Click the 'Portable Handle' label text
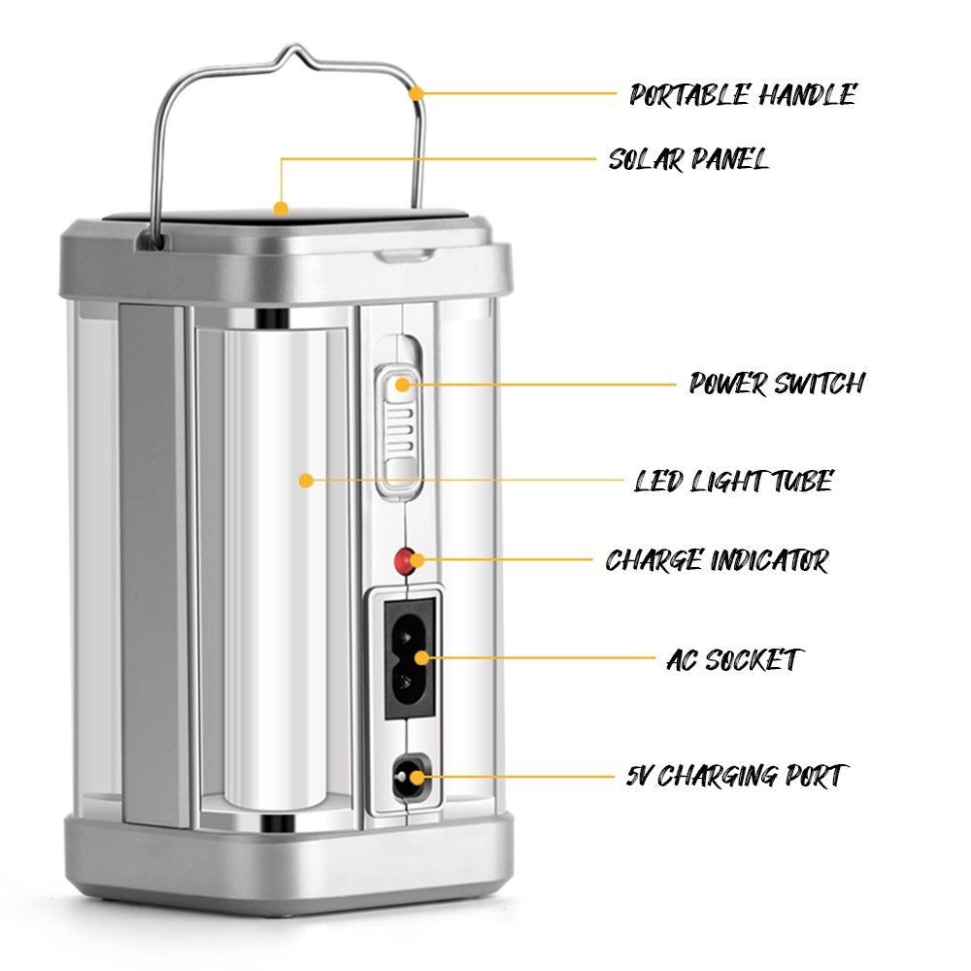tap(743, 95)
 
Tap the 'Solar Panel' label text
tap(688, 159)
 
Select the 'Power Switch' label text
tap(777, 384)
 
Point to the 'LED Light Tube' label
tap(734, 482)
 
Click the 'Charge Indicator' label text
tap(717, 560)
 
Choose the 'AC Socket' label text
tap(734, 659)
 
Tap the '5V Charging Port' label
tap(736, 776)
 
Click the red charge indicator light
tap(404, 560)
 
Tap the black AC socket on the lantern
tap(409, 658)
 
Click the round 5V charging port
tap(409, 776)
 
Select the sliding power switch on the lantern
tap(399, 428)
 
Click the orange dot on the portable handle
tap(417, 93)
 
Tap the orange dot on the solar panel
tap(282, 208)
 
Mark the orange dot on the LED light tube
tap(306, 480)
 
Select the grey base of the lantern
tap(289, 860)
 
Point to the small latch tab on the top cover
tap(406, 253)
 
